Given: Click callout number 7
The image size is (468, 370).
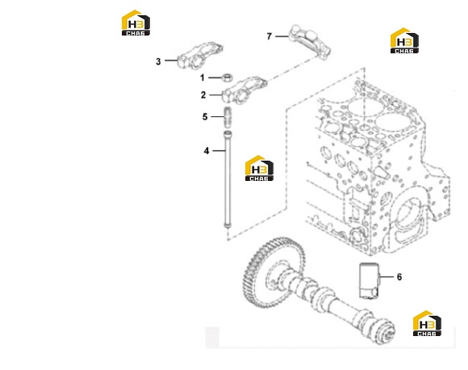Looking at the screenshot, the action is pos(270,36).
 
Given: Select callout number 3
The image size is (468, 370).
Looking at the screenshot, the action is pos(158,61).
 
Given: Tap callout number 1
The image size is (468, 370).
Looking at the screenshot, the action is pos(202,78).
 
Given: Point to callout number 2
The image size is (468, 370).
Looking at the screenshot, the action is pos(203,95).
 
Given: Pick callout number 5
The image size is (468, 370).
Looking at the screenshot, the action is pos(205,116).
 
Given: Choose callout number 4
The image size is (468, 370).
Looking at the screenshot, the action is pos(207,151).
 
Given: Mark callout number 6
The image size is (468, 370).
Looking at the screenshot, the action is pos(399,277).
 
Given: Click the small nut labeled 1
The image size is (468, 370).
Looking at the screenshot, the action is pos(227,78).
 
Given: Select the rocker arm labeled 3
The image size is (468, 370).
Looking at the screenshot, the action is pos(200,55).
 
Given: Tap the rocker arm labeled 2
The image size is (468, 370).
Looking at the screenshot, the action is pos(244,90).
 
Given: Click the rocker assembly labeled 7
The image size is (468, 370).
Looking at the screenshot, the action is pos(311,41).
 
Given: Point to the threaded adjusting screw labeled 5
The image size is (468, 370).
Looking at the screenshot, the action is pos(228,117).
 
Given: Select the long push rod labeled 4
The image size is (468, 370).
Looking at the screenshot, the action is pos(228,179).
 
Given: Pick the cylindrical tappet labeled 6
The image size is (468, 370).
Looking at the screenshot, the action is pos(369,280).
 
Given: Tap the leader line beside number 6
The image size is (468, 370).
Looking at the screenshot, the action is pos(387,277).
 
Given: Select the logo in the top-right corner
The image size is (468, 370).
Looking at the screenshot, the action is pos(404,40).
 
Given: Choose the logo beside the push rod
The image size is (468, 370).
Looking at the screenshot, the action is pos(259,168).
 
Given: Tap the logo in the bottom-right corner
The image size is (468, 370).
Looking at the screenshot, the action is pos(427,323).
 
